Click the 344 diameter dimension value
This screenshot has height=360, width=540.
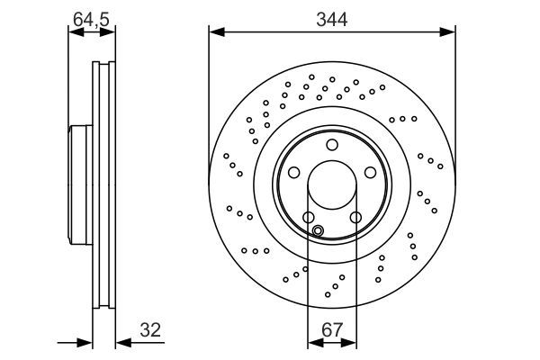pyautogui.click(x=332, y=17)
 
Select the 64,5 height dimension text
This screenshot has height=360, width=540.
pyautogui.click(x=92, y=17)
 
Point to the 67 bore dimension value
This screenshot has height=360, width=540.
pyautogui.click(x=332, y=329)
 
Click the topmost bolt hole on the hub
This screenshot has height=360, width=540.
pyautogui.click(x=332, y=145)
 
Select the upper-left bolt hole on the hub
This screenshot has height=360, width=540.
pyautogui.click(x=293, y=173)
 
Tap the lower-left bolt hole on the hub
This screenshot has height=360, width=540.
pyautogui.click(x=309, y=217)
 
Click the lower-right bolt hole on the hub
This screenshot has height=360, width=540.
pyautogui.click(x=355, y=217)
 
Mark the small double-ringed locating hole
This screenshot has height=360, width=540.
pyautogui.click(x=317, y=230)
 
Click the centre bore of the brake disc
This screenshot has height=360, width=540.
pyautogui.click(x=332, y=185)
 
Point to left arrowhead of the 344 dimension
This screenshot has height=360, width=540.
pyautogui.click(x=214, y=33)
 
